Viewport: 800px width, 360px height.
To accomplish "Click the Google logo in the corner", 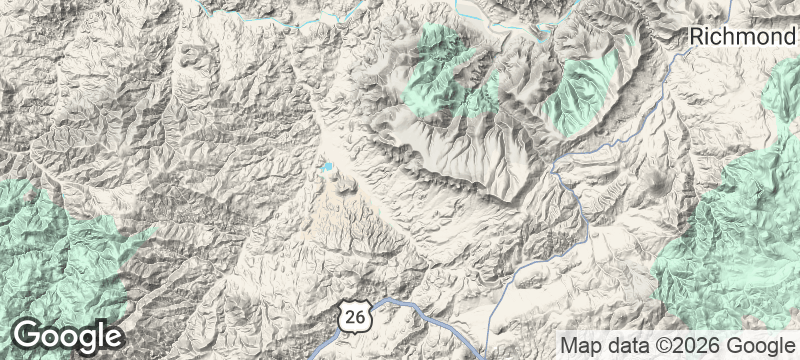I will pyautogui.click(x=69, y=336).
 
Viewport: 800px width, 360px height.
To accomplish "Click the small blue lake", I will pyautogui.click(x=327, y=167).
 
